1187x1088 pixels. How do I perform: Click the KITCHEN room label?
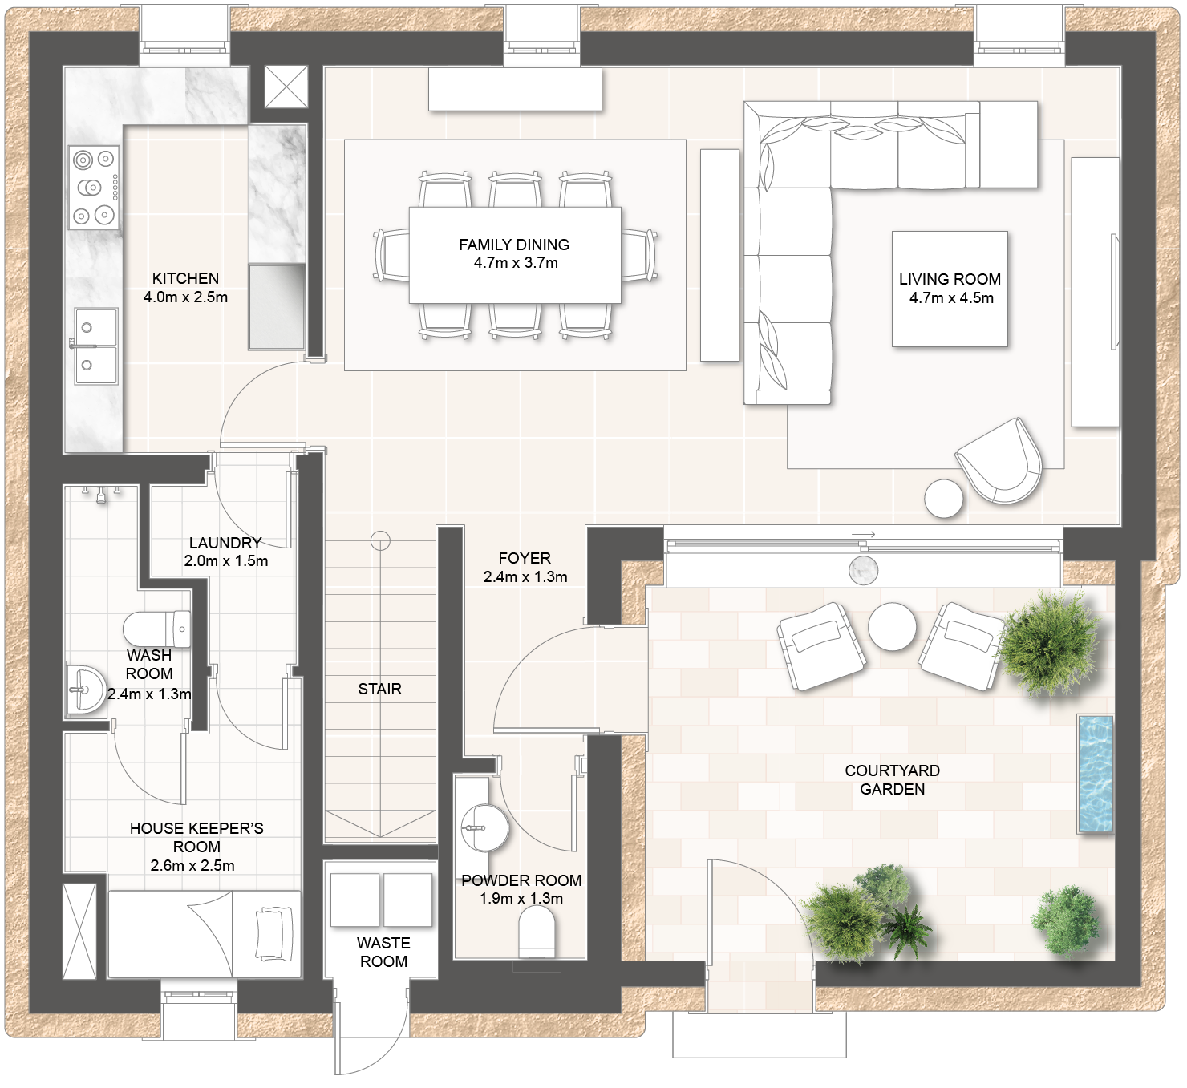185,278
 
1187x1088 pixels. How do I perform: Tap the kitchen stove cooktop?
94,188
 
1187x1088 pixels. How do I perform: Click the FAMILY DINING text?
514,245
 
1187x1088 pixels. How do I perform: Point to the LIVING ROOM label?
950,279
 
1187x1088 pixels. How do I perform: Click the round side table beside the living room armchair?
944,498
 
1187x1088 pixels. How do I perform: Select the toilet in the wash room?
157,629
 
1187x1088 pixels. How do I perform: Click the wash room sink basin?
85,690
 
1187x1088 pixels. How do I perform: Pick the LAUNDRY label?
225,543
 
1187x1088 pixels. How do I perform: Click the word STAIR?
380,689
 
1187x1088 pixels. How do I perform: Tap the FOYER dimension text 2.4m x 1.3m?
525,576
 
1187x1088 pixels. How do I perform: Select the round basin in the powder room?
485,827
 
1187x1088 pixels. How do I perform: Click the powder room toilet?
537,932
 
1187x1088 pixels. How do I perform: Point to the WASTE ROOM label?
383,952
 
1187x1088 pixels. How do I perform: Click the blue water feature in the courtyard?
1096,775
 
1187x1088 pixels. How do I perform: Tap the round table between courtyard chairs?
893,626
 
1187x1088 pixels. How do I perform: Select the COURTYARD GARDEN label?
893,780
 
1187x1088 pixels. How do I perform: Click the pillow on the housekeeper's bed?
274,934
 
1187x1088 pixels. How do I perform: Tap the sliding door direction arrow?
863,534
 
